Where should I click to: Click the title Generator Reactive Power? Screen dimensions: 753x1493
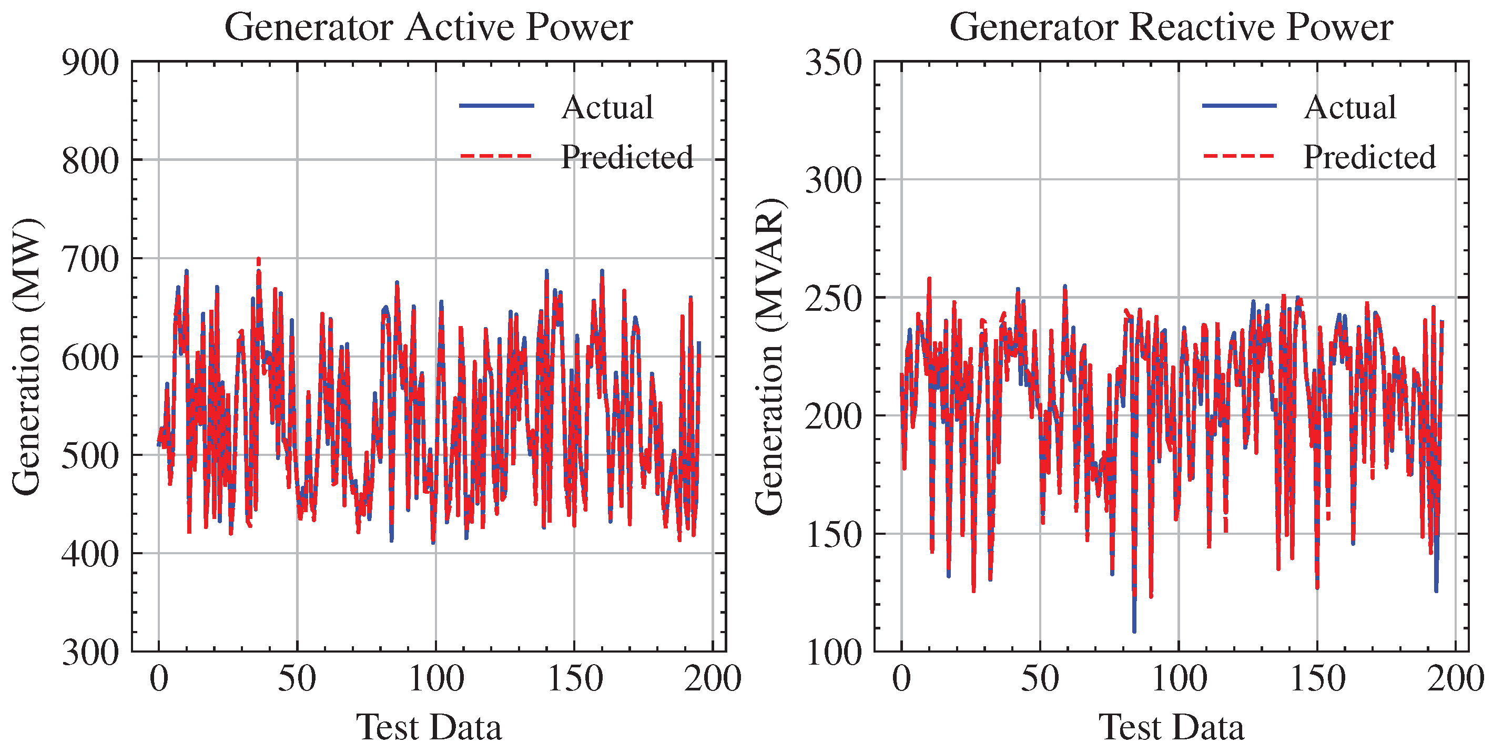tap(1171, 27)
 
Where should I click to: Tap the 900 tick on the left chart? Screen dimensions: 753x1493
tap(90, 63)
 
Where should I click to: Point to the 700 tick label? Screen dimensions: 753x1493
tap(90, 259)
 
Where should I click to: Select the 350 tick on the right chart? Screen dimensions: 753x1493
tap(834, 63)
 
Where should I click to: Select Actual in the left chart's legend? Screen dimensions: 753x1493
tap(607, 107)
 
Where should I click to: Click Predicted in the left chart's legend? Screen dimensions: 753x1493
tap(626, 157)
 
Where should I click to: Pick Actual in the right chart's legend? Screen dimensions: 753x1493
tap(1350, 107)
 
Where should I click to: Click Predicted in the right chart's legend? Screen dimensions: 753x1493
tap(1369, 157)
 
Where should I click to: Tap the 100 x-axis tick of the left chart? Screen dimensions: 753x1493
tap(436, 678)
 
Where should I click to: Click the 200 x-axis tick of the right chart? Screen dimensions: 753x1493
tap(1455, 678)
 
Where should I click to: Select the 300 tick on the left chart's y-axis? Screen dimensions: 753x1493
tap(90, 652)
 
